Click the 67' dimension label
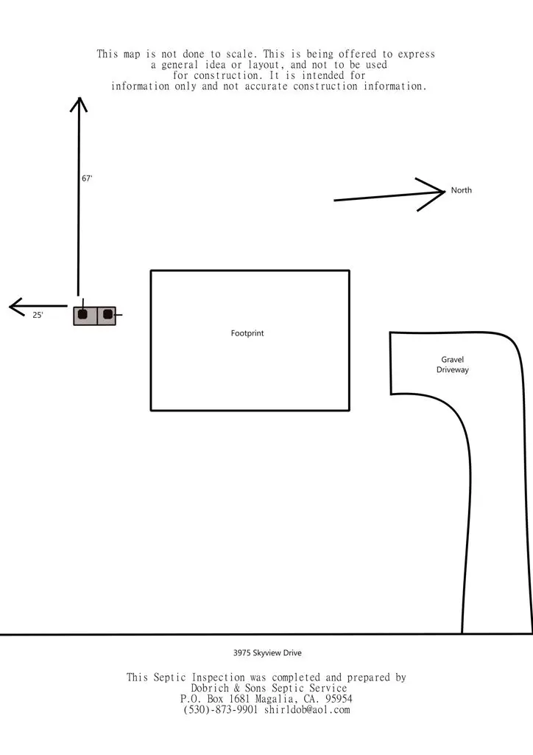[x=87, y=178]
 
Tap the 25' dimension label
[x=38, y=316]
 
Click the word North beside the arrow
[x=462, y=190]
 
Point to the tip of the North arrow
[x=445, y=192]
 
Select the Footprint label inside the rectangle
[x=247, y=333]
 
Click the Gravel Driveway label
[x=452, y=364]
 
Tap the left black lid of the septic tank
[x=82, y=315]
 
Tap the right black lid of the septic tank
[x=107, y=315]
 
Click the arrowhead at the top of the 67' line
[x=79, y=99]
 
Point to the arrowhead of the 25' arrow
[x=10, y=306]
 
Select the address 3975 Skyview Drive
[x=268, y=653]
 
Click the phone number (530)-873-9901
[x=221, y=709]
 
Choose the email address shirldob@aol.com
[x=307, y=709]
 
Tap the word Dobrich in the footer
[x=210, y=688]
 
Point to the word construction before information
[x=325, y=86]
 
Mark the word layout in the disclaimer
[x=264, y=65]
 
